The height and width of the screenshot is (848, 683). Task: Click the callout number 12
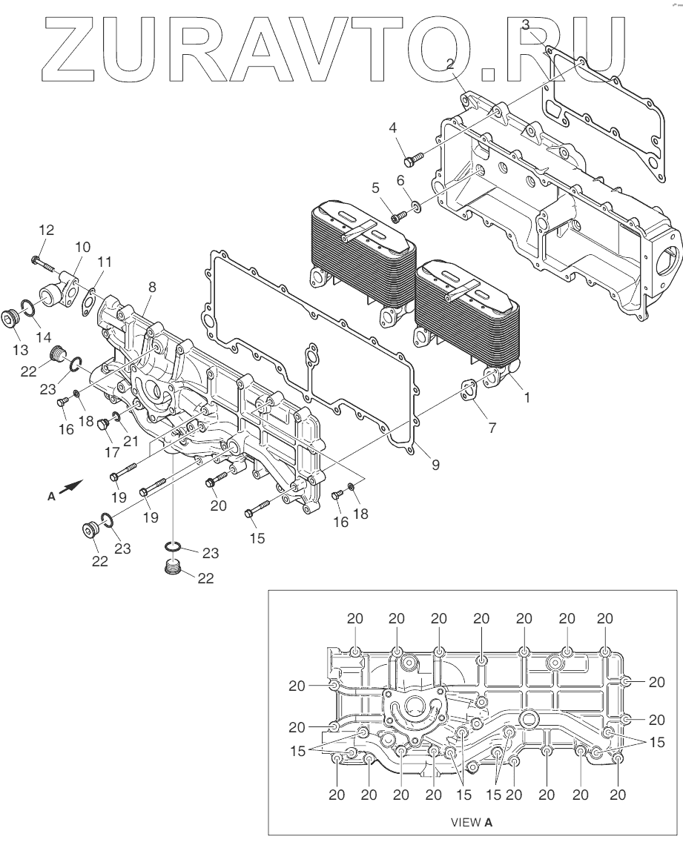[46, 231]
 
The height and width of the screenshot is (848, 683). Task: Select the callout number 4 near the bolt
[394, 127]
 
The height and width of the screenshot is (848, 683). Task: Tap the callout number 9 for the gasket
[435, 466]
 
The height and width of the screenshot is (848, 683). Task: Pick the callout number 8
[151, 286]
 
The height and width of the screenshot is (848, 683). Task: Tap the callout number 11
[105, 261]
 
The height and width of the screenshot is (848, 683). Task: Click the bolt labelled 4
[412, 158]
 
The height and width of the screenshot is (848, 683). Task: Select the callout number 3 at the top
[526, 25]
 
